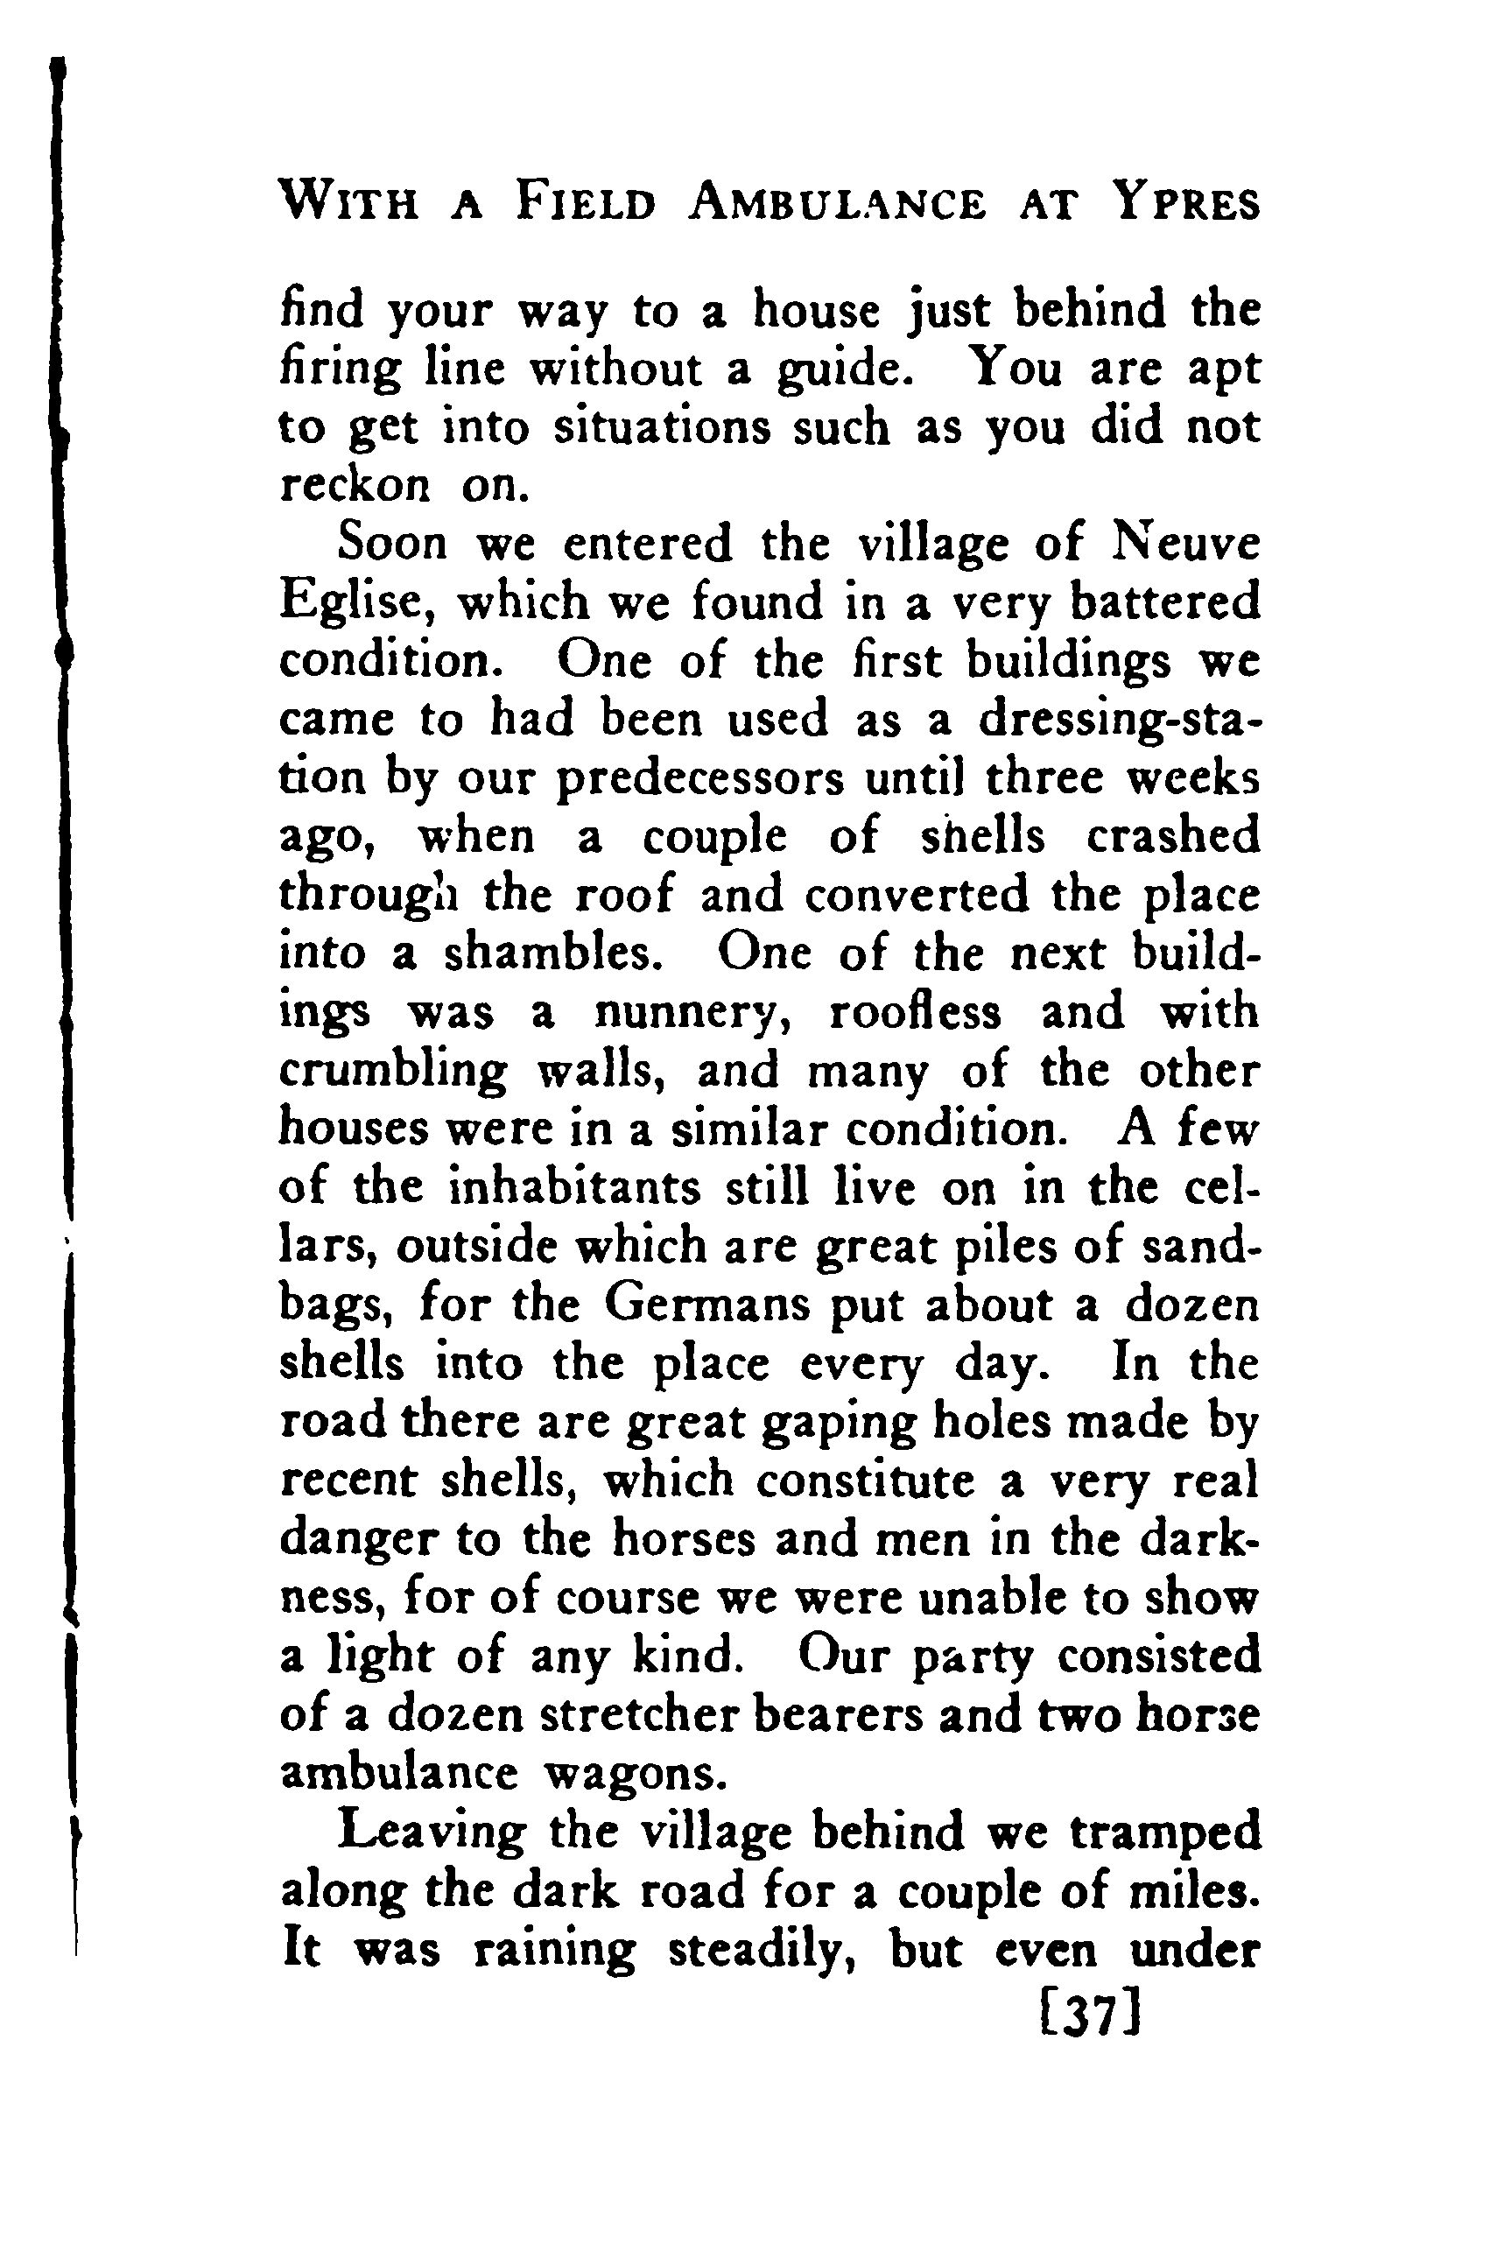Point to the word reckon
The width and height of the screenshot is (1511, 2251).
tap(354, 486)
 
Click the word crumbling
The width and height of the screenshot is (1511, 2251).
tap(393, 1072)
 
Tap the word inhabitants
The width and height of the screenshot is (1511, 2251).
tap(575, 1187)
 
